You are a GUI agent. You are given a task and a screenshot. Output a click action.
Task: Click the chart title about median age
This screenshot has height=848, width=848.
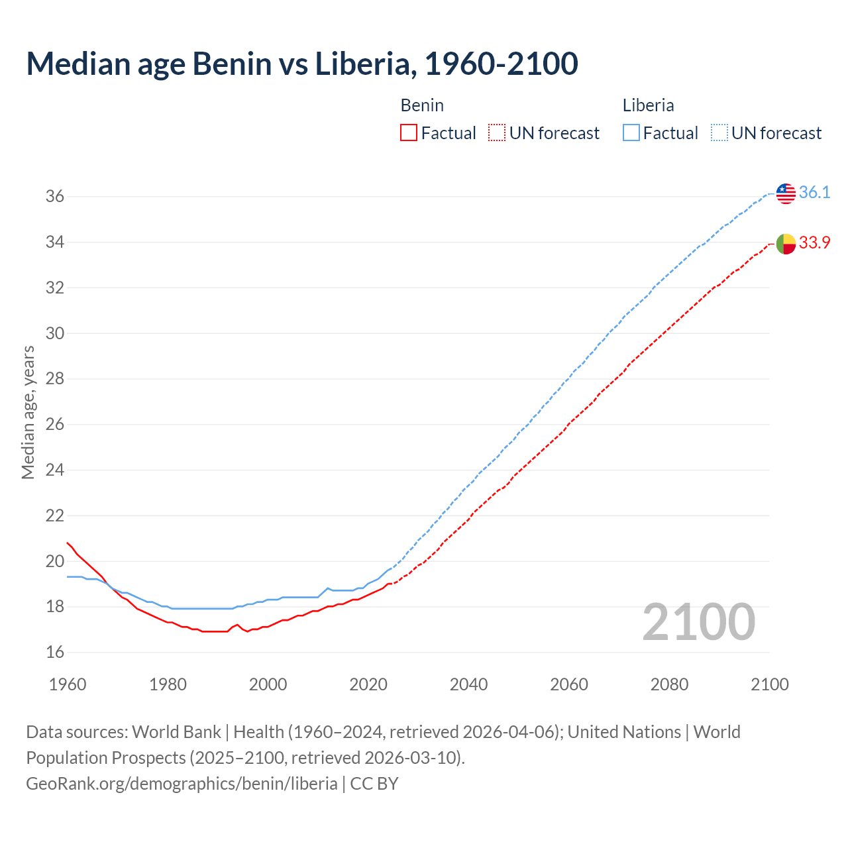coord(302,64)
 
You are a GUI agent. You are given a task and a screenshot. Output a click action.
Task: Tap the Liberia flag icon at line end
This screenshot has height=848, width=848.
coord(785,193)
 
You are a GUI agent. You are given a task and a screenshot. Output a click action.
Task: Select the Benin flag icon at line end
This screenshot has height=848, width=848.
coord(785,244)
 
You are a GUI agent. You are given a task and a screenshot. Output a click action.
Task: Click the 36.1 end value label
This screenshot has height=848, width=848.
coord(814,193)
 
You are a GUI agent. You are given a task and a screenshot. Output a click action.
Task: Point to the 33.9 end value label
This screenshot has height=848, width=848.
coord(814,243)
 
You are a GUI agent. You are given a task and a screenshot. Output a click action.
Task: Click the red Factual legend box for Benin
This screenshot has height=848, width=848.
coord(409,133)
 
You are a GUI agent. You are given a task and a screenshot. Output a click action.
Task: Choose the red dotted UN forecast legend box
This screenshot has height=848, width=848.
coord(497,133)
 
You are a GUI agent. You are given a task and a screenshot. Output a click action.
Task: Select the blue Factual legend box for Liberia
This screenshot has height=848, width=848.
coord(631,133)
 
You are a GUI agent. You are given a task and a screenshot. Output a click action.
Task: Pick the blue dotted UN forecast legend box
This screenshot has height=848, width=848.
coord(719,133)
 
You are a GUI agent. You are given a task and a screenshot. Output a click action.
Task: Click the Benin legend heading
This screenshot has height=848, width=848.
coord(422,105)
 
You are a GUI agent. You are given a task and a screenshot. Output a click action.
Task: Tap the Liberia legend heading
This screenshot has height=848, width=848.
coord(648,105)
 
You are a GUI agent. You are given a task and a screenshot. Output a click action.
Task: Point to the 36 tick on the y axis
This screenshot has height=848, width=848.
coord(55,197)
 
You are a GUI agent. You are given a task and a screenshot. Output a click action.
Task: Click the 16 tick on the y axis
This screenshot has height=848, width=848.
coord(55,653)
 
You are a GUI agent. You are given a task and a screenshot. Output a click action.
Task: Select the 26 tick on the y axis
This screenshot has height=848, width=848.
coord(55,425)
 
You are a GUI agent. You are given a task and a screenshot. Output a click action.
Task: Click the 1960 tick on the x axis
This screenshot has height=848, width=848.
coord(68,684)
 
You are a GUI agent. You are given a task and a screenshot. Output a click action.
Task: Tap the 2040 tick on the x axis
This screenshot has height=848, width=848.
coord(468,684)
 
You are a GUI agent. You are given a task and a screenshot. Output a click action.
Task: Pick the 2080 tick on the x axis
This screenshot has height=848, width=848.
coord(669,684)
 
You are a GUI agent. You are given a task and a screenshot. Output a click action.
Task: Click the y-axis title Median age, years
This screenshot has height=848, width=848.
coord(28,412)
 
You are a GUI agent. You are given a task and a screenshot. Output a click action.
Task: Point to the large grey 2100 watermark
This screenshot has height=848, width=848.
coord(698,622)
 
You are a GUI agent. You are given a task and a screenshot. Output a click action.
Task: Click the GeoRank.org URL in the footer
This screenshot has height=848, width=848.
coord(182,784)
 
